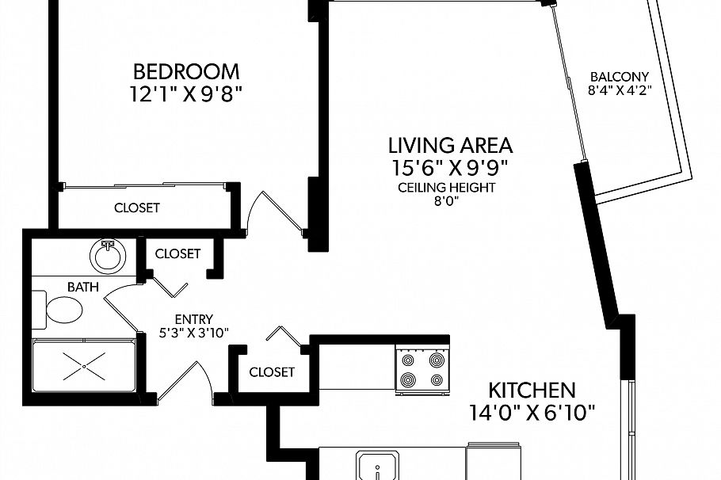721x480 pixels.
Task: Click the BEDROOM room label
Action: tap(186, 72)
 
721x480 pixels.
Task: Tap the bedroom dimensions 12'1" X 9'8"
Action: tap(185, 95)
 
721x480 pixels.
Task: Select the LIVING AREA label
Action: tap(450, 145)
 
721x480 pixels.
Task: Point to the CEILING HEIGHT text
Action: tap(447, 188)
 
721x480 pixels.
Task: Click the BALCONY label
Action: tap(620, 76)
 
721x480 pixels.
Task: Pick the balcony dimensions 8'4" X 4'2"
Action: tap(620, 90)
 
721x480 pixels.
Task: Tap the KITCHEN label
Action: tap(532, 390)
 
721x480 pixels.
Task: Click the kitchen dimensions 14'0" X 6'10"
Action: tap(532, 413)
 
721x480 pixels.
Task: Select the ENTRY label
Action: tap(193, 319)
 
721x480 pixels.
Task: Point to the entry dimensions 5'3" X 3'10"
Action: tap(193, 333)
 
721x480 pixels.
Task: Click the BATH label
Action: tap(82, 288)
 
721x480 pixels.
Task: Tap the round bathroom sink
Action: tap(108, 256)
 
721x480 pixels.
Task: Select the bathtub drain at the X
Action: tap(84, 367)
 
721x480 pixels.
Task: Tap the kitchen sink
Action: tap(377, 465)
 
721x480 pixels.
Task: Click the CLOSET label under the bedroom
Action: tap(136, 208)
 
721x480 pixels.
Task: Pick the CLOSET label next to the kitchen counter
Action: tap(272, 372)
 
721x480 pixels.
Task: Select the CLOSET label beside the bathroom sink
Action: tap(177, 253)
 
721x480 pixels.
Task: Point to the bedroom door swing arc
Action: tap(251, 208)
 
